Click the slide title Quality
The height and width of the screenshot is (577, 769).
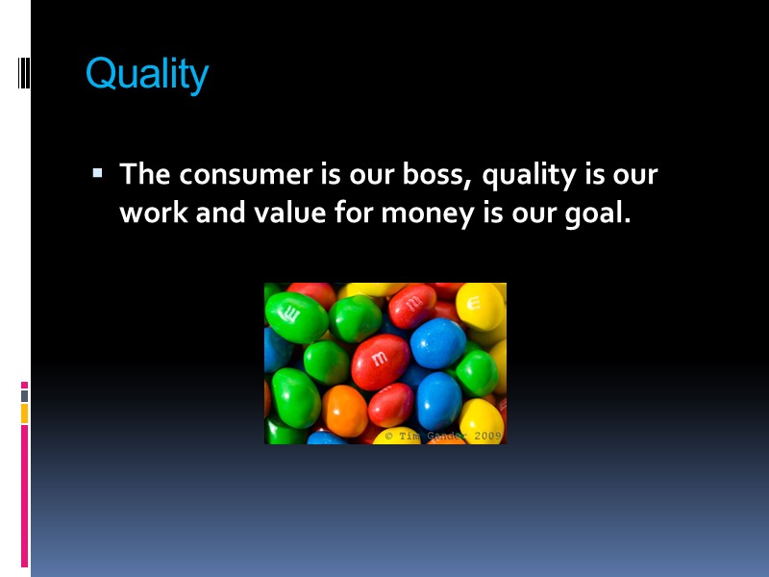coord(147,73)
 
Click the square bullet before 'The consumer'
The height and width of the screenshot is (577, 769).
coord(97,174)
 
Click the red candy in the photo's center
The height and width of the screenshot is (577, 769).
coord(380,361)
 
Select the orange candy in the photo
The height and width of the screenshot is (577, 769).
coord(344,410)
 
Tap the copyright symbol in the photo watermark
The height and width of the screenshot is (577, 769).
coord(388,436)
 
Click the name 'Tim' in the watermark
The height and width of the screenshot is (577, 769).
coord(410,436)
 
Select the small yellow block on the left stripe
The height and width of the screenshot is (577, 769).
coord(25,413)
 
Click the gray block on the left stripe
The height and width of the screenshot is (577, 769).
coord(25,395)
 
